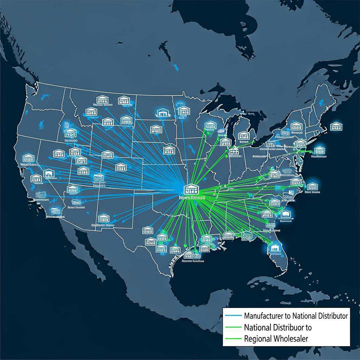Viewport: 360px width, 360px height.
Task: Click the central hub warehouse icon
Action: pyautogui.click(x=191, y=189)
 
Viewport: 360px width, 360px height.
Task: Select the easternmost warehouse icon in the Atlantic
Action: pyautogui.click(x=336, y=126)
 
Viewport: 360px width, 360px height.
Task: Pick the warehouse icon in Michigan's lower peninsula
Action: pyautogui.click(x=243, y=135)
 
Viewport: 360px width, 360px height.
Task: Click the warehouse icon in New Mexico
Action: pyautogui.click(x=103, y=218)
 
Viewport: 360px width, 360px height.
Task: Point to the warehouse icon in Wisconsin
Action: pyautogui.click(x=210, y=125)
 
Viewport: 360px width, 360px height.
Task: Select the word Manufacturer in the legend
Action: pyautogui.click(x=263, y=316)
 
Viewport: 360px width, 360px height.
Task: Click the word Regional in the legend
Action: pyautogui.click(x=258, y=339)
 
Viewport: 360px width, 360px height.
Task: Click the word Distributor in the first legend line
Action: pyautogui.click(x=330, y=316)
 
